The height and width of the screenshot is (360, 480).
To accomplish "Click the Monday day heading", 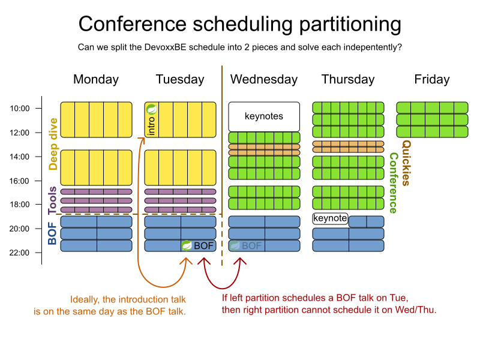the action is pos(96,80).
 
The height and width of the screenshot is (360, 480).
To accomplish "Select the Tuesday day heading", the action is pos(180,80).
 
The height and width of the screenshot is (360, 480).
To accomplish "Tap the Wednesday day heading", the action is pos(264,79).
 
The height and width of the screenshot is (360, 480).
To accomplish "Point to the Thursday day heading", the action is pos(348,80).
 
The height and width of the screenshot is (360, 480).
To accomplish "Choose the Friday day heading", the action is pos(432,80).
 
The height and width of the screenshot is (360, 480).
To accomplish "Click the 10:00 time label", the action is pos(20,109).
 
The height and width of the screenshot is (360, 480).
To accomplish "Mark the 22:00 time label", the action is pos(20,253).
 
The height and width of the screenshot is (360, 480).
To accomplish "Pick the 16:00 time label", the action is pos(20,181).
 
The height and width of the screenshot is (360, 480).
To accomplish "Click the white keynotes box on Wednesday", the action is pos(264,116).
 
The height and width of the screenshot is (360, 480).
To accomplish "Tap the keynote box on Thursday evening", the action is pos(331,218).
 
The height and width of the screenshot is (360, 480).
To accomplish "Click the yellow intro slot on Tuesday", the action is pos(152,119).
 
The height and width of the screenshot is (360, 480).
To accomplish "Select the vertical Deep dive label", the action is pos(53,144).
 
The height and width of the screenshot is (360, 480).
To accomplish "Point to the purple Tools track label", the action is pos(52,200).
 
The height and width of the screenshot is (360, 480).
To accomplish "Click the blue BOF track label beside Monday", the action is pos(52,233).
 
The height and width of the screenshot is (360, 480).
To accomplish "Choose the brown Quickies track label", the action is pos(406,163).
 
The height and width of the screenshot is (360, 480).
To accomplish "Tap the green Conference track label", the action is pos(394,183).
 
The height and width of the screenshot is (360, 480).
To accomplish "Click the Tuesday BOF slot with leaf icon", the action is pos(199,245).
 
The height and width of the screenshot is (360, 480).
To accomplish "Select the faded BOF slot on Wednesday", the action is pos(247,245).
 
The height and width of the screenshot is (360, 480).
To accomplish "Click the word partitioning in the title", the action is pos(350,25).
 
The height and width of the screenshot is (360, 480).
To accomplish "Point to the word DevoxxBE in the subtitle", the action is pos(165,47).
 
